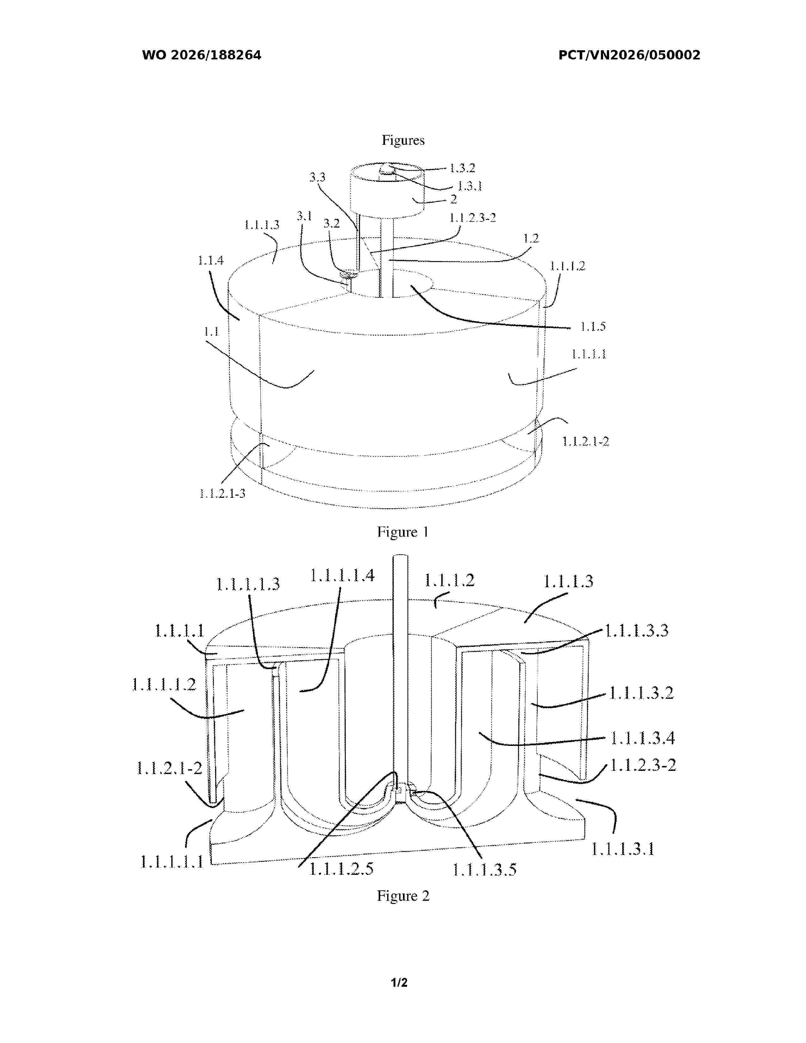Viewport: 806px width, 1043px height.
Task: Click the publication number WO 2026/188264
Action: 202,55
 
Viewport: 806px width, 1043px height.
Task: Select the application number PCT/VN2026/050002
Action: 629,55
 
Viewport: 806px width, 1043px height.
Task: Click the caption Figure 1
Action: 403,532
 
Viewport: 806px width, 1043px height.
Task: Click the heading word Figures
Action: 403,140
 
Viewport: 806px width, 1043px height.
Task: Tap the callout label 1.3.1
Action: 470,186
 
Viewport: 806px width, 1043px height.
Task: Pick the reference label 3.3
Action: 317,177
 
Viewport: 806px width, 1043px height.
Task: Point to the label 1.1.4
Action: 211,260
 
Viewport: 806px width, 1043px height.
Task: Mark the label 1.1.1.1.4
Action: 342,576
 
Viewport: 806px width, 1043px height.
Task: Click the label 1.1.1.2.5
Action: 341,868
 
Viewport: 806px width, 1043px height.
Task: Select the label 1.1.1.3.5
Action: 485,869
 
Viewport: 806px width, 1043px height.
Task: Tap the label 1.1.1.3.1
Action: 623,849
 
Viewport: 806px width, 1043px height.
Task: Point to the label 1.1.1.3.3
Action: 637,631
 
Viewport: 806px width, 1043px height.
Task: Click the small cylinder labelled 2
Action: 387,191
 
